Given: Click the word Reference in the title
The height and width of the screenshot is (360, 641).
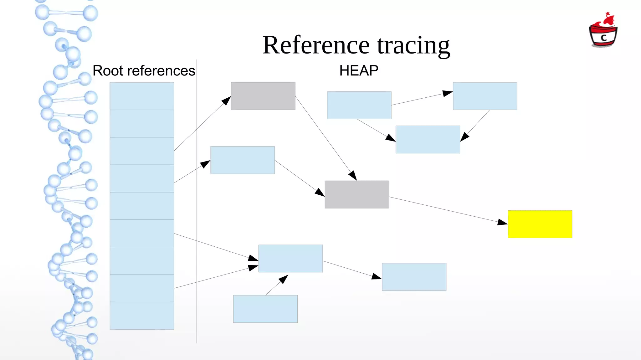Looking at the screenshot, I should click(316, 45).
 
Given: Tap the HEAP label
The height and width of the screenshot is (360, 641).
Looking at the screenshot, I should click(359, 71).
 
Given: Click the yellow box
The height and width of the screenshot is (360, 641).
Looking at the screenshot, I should click(540, 224).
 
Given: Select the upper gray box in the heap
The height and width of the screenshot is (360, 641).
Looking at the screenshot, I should click(263, 96).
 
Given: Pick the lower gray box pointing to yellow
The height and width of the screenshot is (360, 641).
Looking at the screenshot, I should click(357, 194).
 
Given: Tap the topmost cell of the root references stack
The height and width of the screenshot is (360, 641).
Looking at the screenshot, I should click(142, 96).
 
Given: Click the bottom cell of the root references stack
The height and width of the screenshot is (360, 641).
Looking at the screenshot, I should click(142, 316).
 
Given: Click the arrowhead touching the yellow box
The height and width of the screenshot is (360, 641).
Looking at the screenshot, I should click(503, 222).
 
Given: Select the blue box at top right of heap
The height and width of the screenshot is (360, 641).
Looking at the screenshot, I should click(485, 96).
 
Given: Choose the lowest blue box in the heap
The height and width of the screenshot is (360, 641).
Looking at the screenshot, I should click(265, 309).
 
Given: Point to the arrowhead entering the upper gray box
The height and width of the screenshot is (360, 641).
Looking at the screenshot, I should click(226, 100).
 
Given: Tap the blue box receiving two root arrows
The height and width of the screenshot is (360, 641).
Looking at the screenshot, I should click(290, 259).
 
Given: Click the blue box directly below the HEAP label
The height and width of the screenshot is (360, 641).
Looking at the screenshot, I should click(359, 105).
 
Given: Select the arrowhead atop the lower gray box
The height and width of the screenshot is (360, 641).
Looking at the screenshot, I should click(353, 176).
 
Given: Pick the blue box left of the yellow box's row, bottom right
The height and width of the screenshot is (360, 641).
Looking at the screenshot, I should click(414, 277).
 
